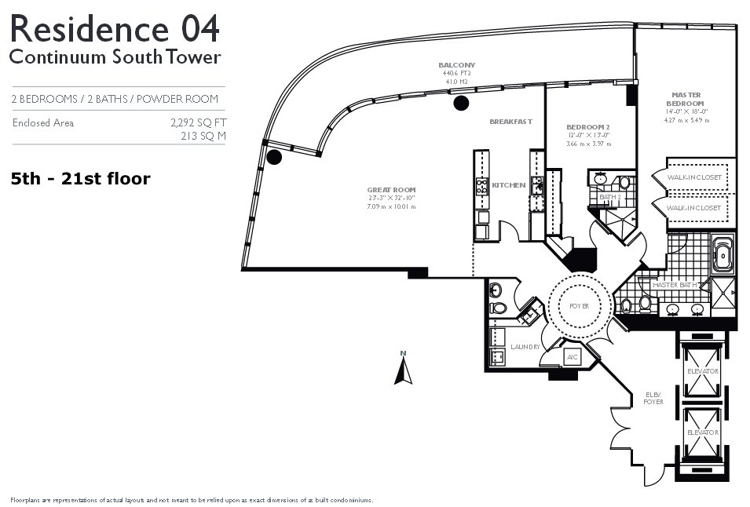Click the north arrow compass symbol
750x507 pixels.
[x=403, y=368]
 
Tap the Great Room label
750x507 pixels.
[x=391, y=190]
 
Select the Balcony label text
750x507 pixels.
[x=456, y=65]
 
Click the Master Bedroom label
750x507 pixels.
[x=686, y=99]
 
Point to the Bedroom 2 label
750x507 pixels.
[x=587, y=126]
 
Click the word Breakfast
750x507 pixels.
[x=510, y=122]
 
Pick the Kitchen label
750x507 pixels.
[x=508, y=185]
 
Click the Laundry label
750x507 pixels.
[x=525, y=346]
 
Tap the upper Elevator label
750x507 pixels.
[x=702, y=371]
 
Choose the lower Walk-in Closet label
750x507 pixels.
[x=693, y=208]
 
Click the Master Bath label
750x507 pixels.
[x=675, y=285]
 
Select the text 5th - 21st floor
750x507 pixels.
[x=81, y=179]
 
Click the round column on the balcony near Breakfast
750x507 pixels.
[x=461, y=103]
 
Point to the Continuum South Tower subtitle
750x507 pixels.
[x=115, y=57]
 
